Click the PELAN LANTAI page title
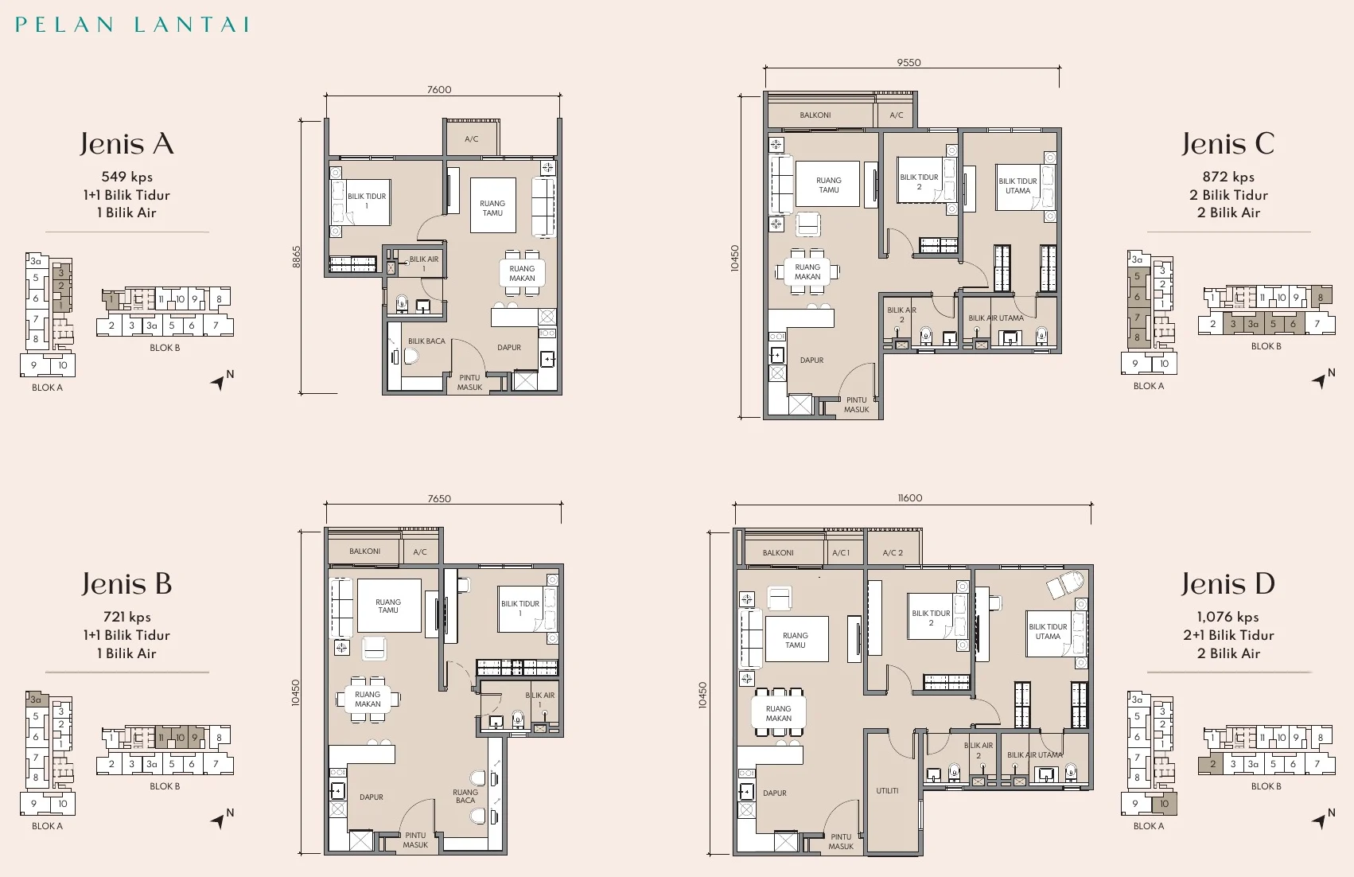[132, 24]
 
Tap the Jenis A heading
[127, 144]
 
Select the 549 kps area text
[127, 177]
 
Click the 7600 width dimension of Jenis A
[439, 89]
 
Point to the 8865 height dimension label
[296, 256]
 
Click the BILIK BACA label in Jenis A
[426, 341]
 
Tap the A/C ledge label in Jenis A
[472, 139]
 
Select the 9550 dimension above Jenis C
[909, 62]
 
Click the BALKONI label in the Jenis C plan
[815, 115]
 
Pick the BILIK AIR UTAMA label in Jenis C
[995, 318]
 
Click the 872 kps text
[1228, 177]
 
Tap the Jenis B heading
[127, 583]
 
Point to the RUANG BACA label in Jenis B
[465, 796]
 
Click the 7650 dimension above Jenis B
[439, 499]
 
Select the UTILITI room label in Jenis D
[887, 790]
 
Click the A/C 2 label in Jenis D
[893, 553]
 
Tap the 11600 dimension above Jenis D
[910, 497]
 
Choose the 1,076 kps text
[1228, 617]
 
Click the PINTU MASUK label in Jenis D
[841, 841]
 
